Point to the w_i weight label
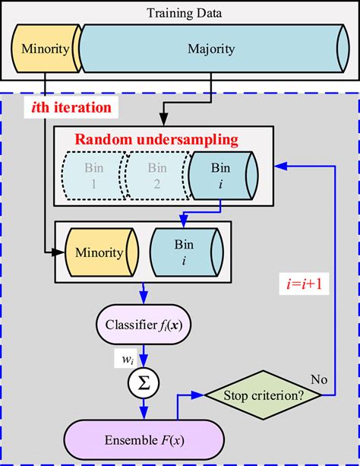127,357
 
